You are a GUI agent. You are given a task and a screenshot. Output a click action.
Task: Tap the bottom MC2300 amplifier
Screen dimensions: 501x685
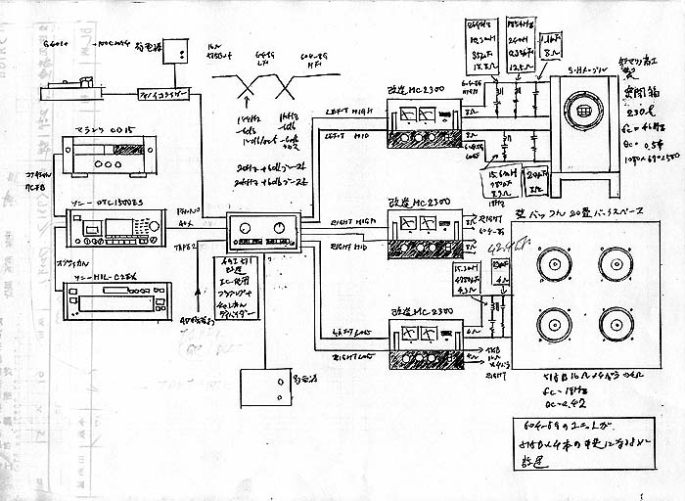click(424, 345)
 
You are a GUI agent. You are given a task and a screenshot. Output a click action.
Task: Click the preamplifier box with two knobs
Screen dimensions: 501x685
click(262, 232)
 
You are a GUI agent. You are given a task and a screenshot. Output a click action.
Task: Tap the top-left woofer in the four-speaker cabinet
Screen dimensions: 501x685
click(554, 262)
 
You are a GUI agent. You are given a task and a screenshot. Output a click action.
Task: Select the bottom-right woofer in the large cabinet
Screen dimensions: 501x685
click(615, 325)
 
